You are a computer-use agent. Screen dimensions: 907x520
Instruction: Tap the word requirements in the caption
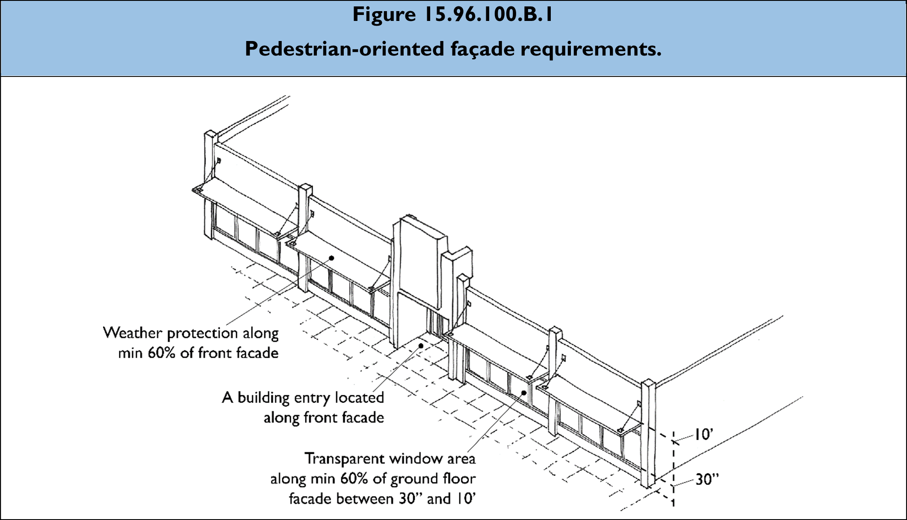(x=591, y=49)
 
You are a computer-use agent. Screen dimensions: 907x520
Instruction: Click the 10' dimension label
(x=703, y=435)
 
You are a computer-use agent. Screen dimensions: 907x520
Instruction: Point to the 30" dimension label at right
(x=707, y=479)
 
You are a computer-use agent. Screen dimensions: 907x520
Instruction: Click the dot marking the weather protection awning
(x=331, y=258)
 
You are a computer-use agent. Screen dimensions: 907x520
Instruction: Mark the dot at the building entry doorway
(x=421, y=346)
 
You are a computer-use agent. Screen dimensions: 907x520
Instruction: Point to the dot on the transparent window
(x=524, y=393)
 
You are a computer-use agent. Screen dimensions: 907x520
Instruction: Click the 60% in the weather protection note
(x=161, y=353)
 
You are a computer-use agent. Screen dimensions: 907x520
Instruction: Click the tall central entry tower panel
(x=417, y=265)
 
